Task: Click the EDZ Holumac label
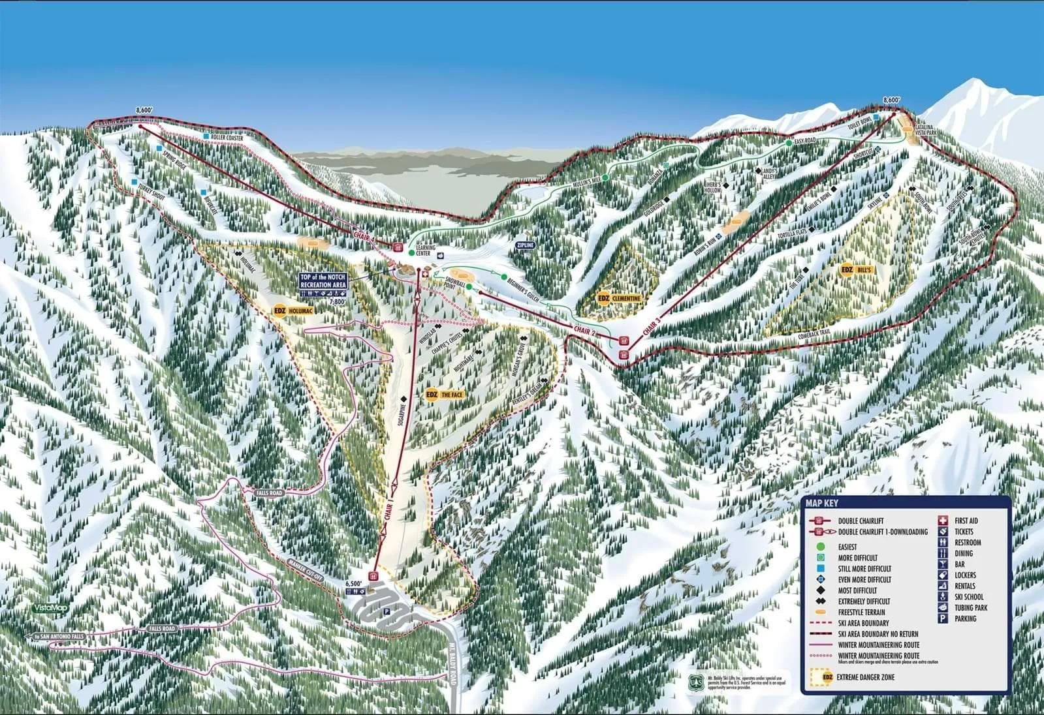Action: coord(294,311)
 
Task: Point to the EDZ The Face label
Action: coord(446,395)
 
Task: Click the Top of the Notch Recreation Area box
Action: coord(323,281)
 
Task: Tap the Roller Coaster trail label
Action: coord(227,138)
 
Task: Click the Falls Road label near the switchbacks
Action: coord(269,493)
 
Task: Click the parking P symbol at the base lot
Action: coord(385,612)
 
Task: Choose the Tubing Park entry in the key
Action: coord(970,607)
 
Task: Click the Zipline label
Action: coord(525,245)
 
